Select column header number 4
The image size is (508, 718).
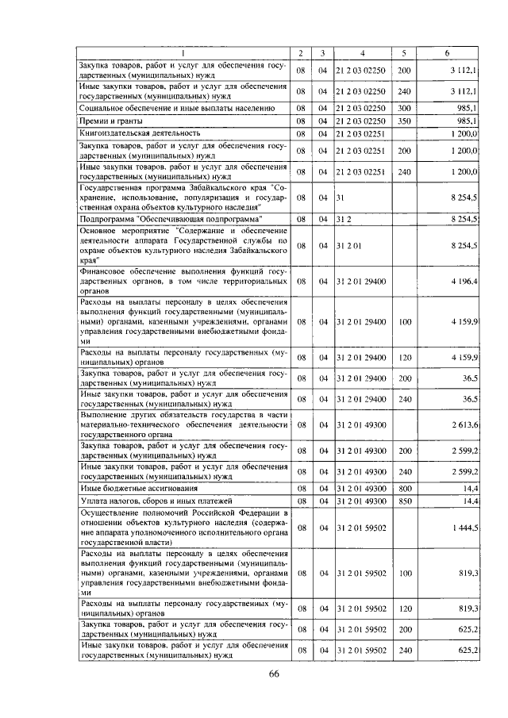362,52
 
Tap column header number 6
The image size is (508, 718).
447,52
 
